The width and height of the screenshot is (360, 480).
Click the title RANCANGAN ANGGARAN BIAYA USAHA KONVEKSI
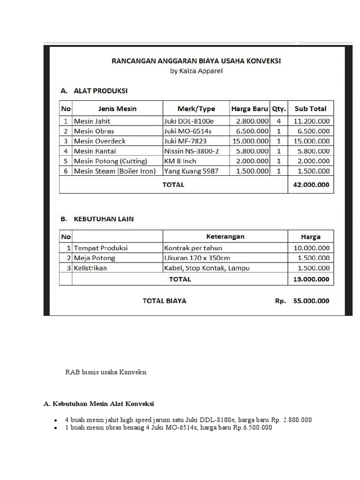(x=196, y=61)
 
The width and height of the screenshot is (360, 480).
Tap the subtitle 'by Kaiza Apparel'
(x=196, y=71)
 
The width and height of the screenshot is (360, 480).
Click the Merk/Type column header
(x=196, y=109)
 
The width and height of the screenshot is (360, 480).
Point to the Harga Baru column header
(x=249, y=109)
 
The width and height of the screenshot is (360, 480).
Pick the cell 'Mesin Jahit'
(x=92, y=121)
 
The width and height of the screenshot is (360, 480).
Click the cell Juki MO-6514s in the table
(x=188, y=131)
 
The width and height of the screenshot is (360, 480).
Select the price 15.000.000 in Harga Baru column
(x=251, y=141)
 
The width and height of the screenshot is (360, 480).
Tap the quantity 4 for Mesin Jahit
(x=278, y=121)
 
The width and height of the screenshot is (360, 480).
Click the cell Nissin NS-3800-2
(x=191, y=151)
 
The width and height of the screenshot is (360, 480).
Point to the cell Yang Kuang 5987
(x=191, y=171)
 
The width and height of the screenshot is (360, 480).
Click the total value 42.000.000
(x=311, y=185)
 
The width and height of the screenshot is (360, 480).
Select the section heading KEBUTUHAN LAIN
(x=104, y=219)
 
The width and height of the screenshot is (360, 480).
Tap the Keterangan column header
(x=225, y=237)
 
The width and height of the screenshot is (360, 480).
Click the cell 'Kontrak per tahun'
(x=193, y=248)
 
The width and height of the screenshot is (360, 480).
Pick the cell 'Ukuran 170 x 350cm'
(x=197, y=258)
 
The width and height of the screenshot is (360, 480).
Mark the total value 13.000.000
(x=311, y=279)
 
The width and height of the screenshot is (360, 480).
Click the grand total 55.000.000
(x=311, y=301)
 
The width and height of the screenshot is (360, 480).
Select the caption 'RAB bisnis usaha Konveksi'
(x=106, y=372)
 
